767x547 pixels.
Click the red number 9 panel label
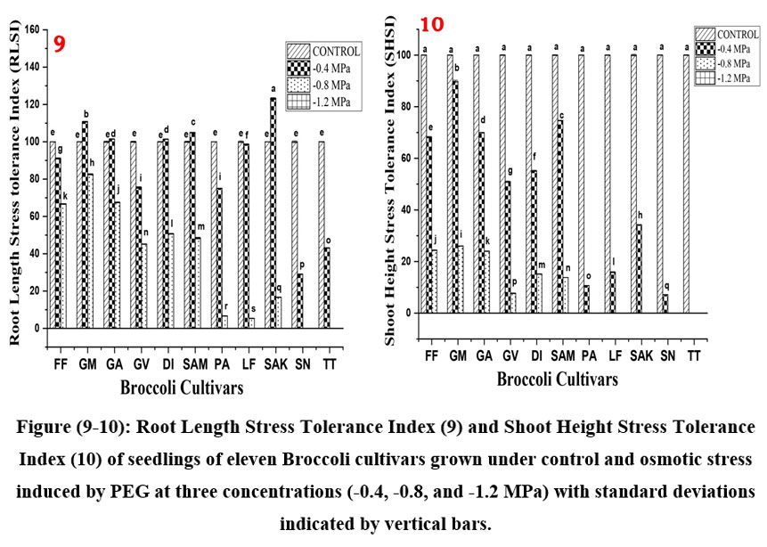click(x=60, y=45)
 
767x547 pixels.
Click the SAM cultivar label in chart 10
click(x=562, y=355)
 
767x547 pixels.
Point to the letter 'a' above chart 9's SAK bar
click(x=273, y=89)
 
